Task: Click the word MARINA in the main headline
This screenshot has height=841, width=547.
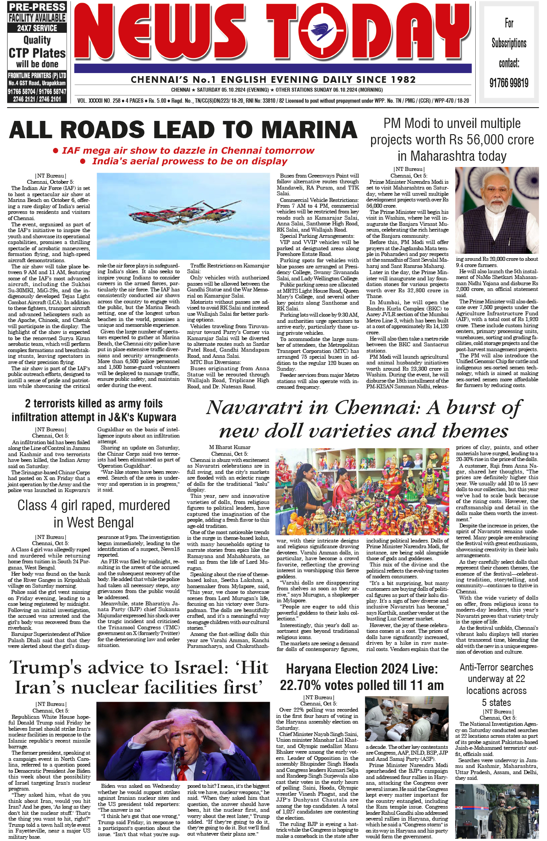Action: [310, 130]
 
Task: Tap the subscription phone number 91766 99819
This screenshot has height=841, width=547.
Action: [509, 83]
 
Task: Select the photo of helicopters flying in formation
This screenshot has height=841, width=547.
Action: [183, 216]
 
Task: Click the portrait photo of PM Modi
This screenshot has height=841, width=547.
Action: [497, 210]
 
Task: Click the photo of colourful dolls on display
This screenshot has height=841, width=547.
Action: [363, 491]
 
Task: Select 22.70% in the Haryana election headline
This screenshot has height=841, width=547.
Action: [306, 686]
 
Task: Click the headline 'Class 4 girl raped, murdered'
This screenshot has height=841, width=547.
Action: [93, 505]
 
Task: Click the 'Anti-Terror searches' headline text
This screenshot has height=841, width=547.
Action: [496, 667]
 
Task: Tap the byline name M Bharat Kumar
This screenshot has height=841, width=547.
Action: [229, 447]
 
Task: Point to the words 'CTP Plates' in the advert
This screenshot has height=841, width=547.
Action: [37, 53]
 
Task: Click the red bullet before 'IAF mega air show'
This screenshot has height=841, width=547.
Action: [56, 151]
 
